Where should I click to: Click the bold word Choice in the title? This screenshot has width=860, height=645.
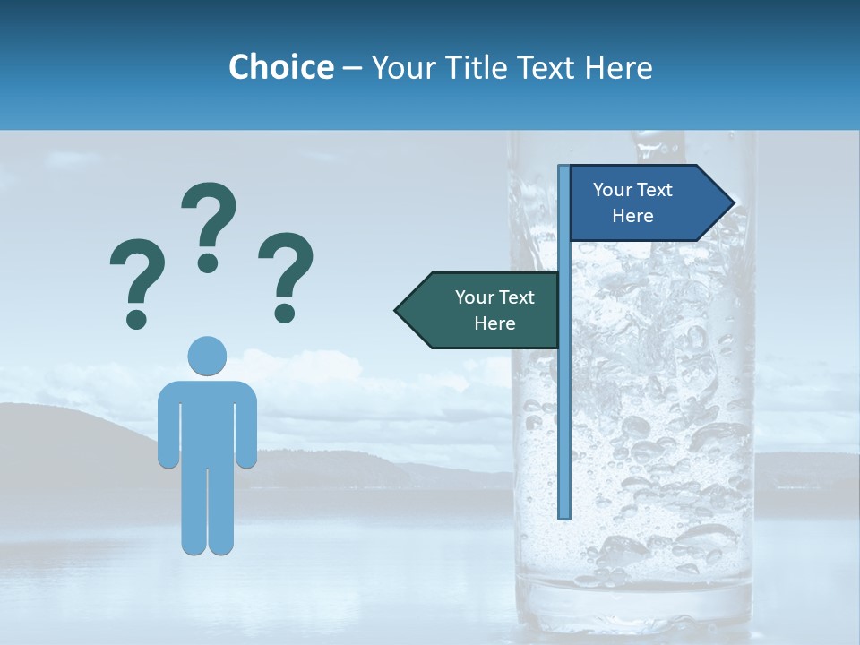(280, 67)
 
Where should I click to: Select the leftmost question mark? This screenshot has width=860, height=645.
(136, 278)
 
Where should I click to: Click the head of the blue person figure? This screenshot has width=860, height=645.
(207, 356)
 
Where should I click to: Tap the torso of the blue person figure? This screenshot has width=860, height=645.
(207, 421)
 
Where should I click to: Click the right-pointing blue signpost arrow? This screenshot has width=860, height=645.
(645, 203)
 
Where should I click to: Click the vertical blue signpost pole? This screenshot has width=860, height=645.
(563, 403)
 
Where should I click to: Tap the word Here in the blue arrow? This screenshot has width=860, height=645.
(632, 216)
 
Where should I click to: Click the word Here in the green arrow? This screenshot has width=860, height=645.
(494, 323)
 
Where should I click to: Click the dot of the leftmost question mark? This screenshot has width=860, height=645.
(137, 318)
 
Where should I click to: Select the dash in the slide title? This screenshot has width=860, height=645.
(352, 68)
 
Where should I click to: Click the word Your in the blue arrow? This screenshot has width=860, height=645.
(613, 190)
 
